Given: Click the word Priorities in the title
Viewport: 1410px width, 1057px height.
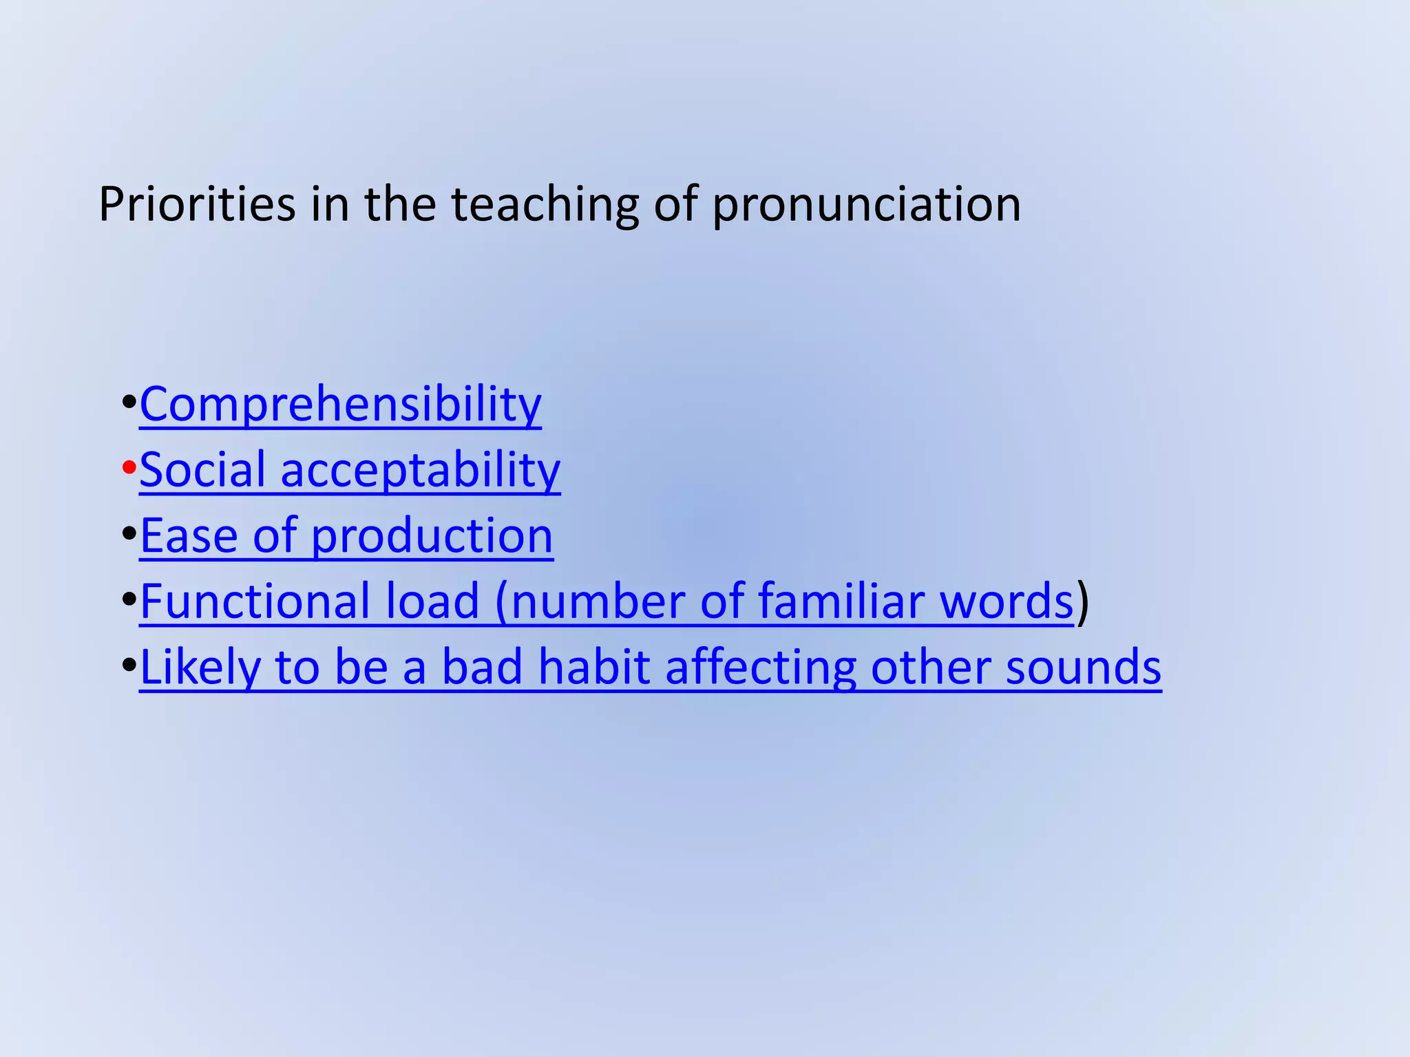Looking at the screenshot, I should (x=197, y=204).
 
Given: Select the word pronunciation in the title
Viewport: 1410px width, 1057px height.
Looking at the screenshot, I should (x=866, y=204).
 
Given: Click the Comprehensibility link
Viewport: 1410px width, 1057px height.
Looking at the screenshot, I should (x=340, y=404).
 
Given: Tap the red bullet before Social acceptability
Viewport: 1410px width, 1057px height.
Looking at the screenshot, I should (x=129, y=469).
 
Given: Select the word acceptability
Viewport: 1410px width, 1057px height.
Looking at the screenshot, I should (x=421, y=471).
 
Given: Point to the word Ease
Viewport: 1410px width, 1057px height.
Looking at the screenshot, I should (x=189, y=535).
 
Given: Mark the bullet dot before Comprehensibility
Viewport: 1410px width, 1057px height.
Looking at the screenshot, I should (x=129, y=403).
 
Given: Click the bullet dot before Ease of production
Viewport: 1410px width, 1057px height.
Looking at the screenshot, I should (x=129, y=535).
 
